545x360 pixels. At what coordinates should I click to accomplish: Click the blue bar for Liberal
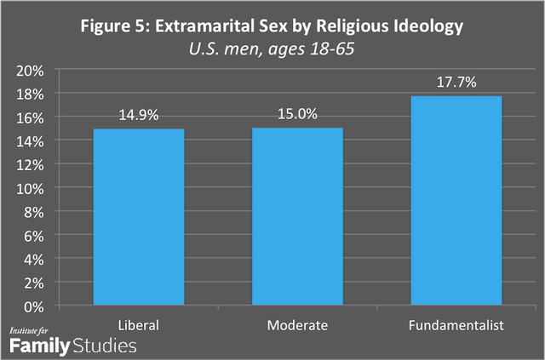[x=138, y=217]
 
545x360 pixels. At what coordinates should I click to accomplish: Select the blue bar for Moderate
[x=297, y=217]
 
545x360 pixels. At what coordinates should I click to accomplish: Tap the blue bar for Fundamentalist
[x=456, y=201]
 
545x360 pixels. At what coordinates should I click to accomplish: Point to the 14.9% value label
[x=138, y=113]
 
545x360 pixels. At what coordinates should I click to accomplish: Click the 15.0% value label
[x=297, y=112]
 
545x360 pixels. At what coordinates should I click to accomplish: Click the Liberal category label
[x=138, y=325]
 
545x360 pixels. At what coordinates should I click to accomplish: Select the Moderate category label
[x=297, y=325]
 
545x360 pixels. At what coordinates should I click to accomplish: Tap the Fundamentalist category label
[x=456, y=325]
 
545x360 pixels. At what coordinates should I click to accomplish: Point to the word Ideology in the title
[x=427, y=26]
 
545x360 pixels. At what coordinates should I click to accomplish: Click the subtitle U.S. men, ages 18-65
[x=272, y=49]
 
